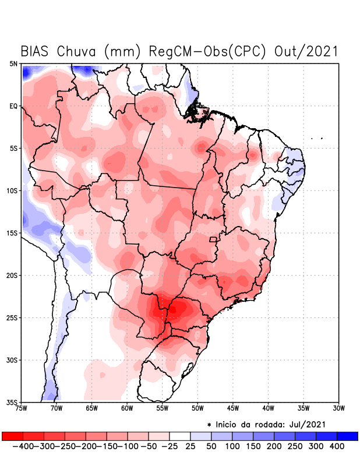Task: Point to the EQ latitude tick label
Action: pyautogui.click(x=14, y=106)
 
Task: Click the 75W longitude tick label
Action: pyautogui.click(x=22, y=408)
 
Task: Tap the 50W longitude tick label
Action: pyautogui.click(x=197, y=408)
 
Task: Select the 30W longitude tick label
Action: pyautogui.click(x=338, y=408)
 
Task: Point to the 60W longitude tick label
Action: pyautogui.click(x=127, y=408)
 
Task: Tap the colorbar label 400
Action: pyautogui.click(x=337, y=446)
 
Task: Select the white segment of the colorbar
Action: pyautogui.click(x=180, y=436)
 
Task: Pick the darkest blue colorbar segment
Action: pyautogui.click(x=348, y=436)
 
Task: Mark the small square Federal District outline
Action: pyautogui.click(x=213, y=239)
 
